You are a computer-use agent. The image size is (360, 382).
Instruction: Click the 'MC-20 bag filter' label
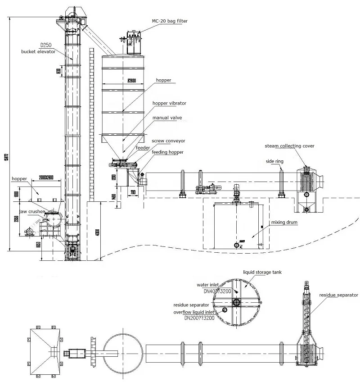[x=169, y=21]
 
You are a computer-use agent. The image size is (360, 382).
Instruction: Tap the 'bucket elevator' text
[x=38, y=52]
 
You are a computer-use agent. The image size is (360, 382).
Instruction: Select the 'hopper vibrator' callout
[x=169, y=103]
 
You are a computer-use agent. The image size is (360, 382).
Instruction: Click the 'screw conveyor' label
[x=168, y=141]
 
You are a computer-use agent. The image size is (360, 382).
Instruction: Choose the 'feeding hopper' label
[x=167, y=152]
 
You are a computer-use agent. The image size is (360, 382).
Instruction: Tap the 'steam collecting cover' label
[x=289, y=146]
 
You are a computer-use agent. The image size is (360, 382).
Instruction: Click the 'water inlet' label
[x=208, y=285]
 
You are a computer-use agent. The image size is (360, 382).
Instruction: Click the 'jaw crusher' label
[x=31, y=210]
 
